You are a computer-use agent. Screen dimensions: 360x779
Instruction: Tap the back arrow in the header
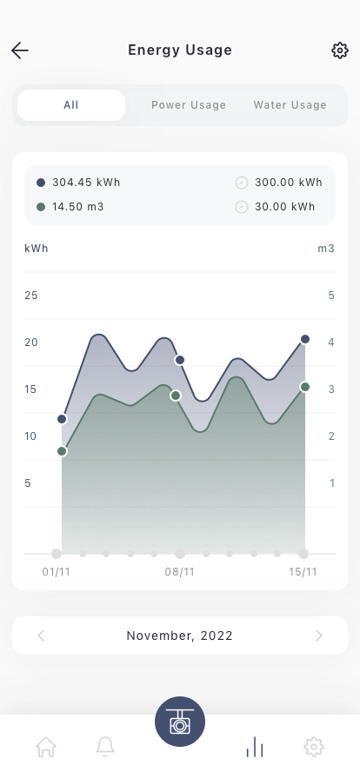(x=20, y=50)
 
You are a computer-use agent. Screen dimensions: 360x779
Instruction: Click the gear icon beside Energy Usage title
(x=340, y=50)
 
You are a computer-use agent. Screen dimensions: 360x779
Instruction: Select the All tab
(x=71, y=105)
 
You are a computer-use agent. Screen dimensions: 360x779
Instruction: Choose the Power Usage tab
(x=189, y=105)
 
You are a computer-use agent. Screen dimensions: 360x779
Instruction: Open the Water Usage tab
(x=290, y=105)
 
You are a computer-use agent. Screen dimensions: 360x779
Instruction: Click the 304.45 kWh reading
(x=86, y=183)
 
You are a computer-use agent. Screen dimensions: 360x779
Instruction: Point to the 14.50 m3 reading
(x=78, y=207)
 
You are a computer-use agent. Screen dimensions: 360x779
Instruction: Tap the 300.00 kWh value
(x=289, y=183)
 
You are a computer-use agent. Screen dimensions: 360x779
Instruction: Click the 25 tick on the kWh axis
(x=30, y=295)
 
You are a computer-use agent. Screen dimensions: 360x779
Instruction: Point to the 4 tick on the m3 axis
(x=331, y=343)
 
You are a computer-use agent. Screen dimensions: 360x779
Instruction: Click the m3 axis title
(x=326, y=249)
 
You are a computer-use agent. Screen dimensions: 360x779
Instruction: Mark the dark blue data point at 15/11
(x=305, y=339)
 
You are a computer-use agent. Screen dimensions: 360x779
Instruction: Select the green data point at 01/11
(x=62, y=451)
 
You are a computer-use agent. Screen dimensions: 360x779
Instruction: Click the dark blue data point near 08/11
(x=180, y=360)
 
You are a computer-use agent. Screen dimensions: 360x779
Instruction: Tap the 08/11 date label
(x=179, y=572)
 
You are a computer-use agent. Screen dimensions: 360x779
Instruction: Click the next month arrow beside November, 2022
(x=319, y=636)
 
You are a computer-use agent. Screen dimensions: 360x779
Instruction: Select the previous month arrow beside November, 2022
(x=41, y=636)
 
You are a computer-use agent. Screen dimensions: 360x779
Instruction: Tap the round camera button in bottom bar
(x=180, y=722)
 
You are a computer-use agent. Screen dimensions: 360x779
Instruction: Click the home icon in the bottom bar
(x=46, y=747)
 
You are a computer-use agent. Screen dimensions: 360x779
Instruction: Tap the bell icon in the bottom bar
(x=105, y=747)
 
